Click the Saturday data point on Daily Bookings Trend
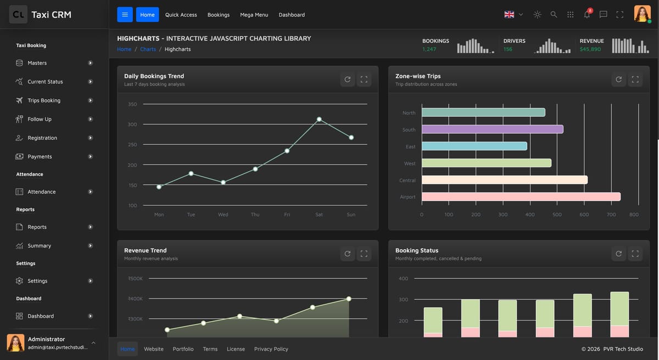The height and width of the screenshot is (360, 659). coord(319,119)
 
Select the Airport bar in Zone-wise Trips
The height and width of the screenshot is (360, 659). coord(521,196)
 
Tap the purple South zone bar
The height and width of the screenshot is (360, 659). coord(493,130)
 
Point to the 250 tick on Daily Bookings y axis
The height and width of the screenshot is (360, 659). coord(132,144)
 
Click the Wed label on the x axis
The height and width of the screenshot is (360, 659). coord(223,215)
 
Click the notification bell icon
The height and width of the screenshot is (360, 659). coord(587,14)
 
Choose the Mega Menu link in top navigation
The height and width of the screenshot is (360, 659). coord(254,15)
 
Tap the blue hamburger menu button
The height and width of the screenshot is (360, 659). coord(125,14)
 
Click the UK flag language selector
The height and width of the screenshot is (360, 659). coord(513,14)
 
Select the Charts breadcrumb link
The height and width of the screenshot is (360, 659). coord(148,49)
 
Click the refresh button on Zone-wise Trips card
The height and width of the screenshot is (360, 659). coord(618,80)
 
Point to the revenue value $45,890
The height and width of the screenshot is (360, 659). coord(590,49)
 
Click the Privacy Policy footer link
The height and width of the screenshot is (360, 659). coord(271,349)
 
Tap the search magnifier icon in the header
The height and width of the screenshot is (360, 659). coord(554,14)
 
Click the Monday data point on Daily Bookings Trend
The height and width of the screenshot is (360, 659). coord(159,187)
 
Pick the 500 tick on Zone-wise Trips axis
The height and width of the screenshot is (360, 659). coord(557,215)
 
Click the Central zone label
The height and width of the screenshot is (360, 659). coord(407,180)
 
